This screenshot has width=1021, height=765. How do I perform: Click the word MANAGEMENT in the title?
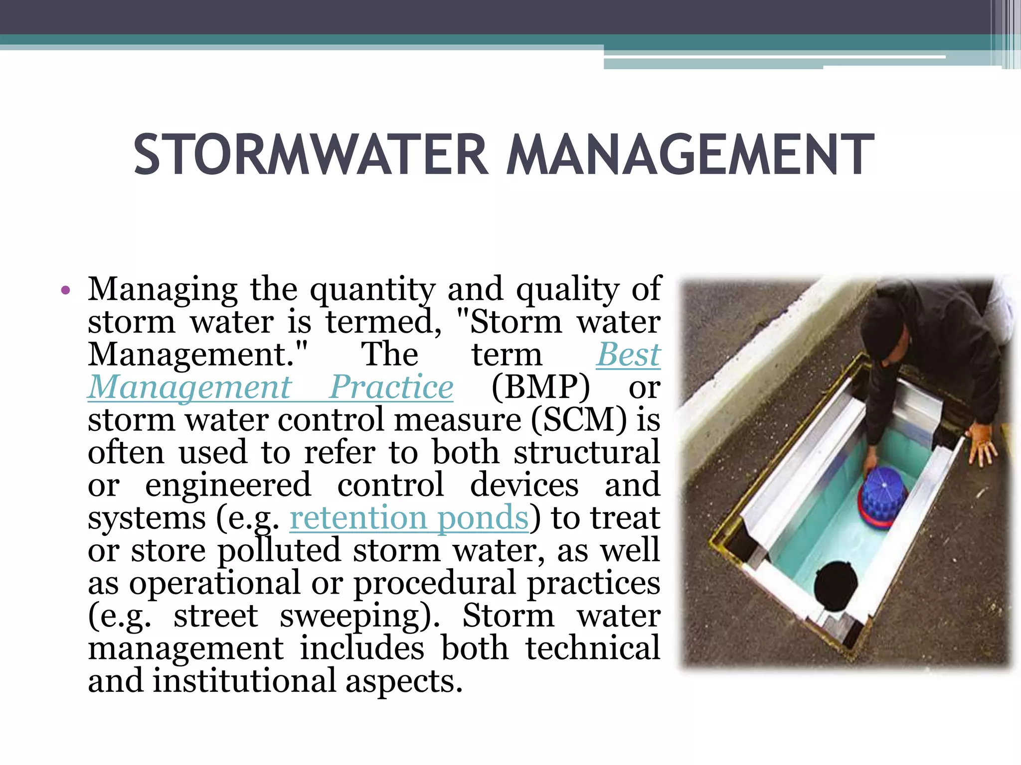tap(690, 155)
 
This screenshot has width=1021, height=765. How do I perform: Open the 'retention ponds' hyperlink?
tap(409, 518)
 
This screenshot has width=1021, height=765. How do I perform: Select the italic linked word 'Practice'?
tap(391, 387)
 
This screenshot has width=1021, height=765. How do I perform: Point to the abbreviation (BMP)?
tap(540, 387)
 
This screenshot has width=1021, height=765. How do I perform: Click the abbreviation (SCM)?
tap(578, 420)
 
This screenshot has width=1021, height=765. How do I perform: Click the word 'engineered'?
tap(228, 485)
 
